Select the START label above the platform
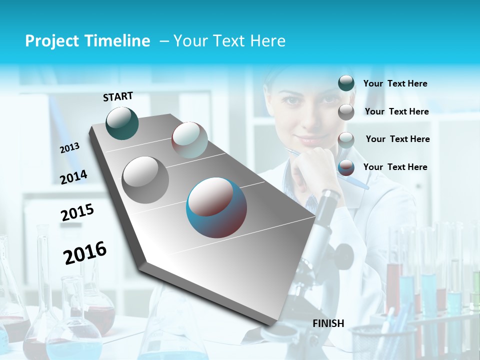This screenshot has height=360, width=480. coord(118,96)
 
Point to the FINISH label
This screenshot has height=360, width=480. coord(328,323)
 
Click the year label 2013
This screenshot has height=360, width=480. coord(69,148)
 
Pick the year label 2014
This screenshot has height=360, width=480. coord(73,177)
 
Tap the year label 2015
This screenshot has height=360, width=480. coord(77,212)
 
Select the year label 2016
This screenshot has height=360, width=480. coord(85,253)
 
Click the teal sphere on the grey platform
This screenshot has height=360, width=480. coord(122,123)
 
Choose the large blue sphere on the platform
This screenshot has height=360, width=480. coord(216,207)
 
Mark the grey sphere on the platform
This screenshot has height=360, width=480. coord(145,179)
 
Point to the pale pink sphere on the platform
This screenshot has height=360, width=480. coord(189,140)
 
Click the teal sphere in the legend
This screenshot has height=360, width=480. coord(346,83)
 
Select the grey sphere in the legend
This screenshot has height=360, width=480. coord(346,111)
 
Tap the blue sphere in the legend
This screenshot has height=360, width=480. coord(346,167)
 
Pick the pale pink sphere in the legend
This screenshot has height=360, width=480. coord(346,139)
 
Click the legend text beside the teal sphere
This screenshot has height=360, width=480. coord(395,84)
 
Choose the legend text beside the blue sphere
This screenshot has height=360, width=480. coord(395,167)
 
